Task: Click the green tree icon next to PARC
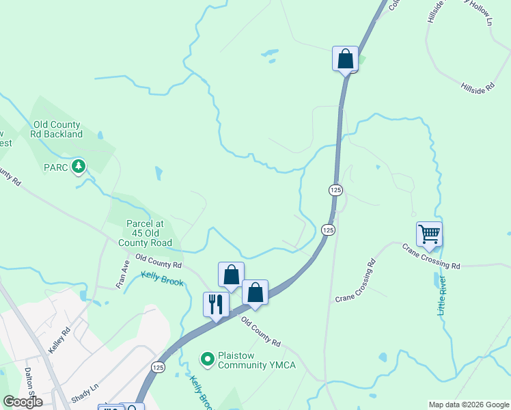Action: (x=79, y=166)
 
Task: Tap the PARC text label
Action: (x=57, y=167)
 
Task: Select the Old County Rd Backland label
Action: (x=56, y=130)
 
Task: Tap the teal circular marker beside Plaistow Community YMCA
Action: (x=207, y=358)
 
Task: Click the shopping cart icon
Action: (x=429, y=234)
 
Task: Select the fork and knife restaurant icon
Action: (x=216, y=304)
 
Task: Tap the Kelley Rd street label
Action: (x=59, y=340)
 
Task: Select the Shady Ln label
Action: (x=85, y=394)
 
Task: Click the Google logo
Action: (x=23, y=402)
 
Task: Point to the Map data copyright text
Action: (x=468, y=405)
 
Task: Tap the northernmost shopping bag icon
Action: (x=345, y=59)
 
